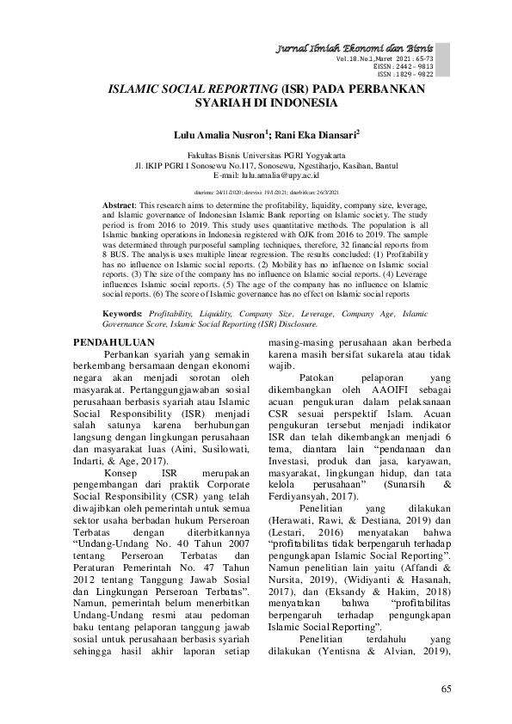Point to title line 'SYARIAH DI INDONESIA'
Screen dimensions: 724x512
click(256, 103)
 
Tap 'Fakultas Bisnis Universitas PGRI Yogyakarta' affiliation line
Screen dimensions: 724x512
click(256, 156)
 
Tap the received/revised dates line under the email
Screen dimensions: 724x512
click(256, 193)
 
